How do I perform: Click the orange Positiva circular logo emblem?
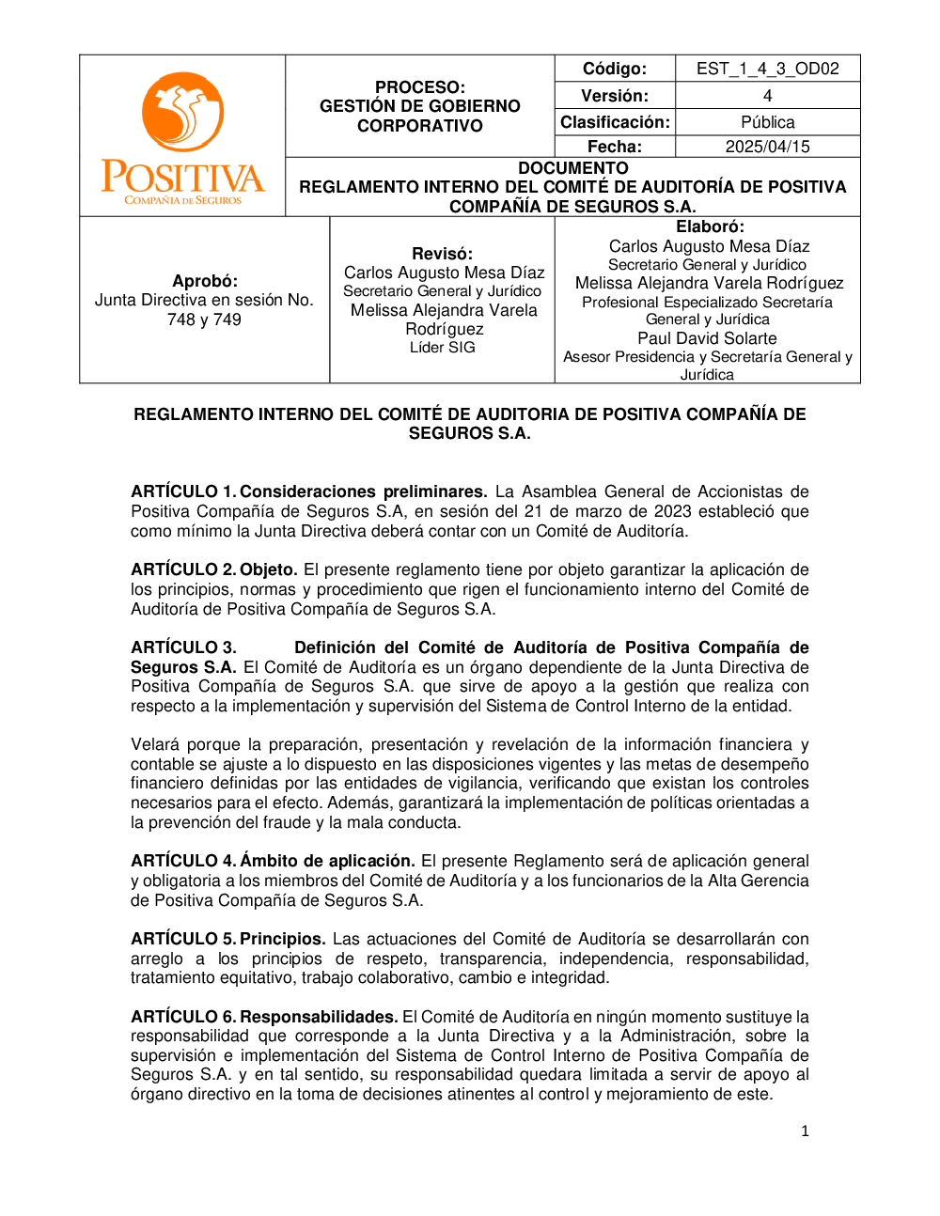point(182,112)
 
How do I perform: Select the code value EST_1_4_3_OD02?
point(767,69)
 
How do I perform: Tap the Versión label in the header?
point(615,96)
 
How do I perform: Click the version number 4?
point(767,96)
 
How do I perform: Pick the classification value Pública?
point(767,122)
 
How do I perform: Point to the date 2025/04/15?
point(767,147)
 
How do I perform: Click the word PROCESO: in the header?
point(419,87)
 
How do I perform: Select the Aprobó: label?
point(205,281)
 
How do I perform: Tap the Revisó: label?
point(442,254)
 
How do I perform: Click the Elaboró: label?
point(710,226)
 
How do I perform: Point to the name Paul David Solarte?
point(707,338)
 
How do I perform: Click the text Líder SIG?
point(442,348)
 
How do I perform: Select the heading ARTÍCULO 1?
point(182,491)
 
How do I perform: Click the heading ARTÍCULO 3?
point(182,647)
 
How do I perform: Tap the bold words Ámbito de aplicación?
point(327,861)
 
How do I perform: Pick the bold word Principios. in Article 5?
point(282,939)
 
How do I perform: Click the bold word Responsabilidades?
point(319,1017)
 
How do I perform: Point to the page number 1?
point(805,1131)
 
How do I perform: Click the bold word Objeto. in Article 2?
point(268,569)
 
